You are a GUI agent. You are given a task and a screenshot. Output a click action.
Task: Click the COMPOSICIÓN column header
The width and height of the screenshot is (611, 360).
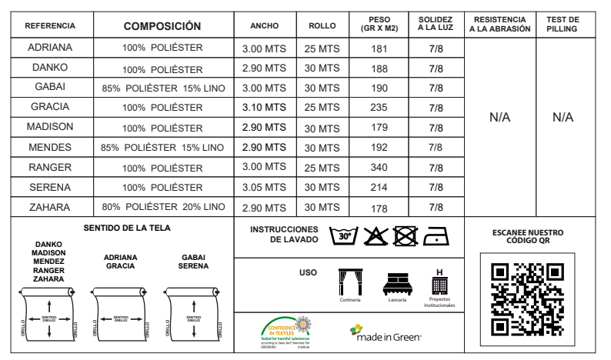163,26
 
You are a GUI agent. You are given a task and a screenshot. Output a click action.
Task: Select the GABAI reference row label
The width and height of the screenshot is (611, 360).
49,88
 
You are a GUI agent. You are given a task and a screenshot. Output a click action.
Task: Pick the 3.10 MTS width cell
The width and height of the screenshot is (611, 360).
264,107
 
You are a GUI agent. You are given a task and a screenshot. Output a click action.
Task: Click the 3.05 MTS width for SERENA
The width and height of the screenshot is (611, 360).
264,187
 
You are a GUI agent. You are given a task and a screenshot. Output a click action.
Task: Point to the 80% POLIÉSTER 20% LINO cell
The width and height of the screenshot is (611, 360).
163,207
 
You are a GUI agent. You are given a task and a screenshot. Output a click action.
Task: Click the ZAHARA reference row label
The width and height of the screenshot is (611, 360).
49,207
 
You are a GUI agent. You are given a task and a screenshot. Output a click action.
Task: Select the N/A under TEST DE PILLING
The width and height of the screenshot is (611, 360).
563,118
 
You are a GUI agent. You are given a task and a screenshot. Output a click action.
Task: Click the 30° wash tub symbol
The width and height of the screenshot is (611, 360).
342,236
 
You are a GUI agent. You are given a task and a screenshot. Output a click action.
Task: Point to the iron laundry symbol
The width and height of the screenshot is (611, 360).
436,236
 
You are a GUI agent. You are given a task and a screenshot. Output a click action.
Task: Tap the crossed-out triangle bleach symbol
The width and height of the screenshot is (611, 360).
375,236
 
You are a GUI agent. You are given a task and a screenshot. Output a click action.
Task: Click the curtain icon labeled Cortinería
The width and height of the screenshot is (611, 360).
350,282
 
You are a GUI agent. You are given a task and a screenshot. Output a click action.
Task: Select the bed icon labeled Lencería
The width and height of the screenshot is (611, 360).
397,284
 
